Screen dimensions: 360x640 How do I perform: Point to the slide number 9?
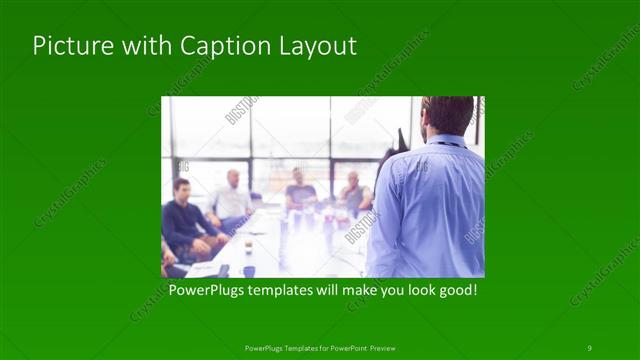click(589, 347)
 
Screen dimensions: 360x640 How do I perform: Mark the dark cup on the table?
click(248, 270)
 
